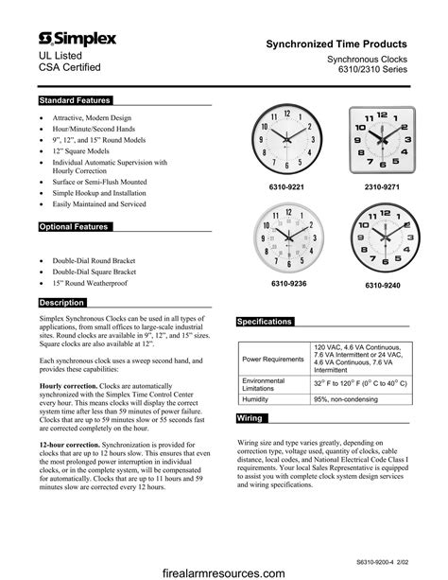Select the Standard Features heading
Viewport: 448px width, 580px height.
pyautogui.click(x=75, y=100)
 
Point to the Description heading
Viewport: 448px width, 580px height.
pyautogui.click(x=63, y=303)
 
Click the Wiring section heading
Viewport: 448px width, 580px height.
pyautogui.click(x=250, y=417)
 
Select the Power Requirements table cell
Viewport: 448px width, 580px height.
pyautogui.click(x=273, y=360)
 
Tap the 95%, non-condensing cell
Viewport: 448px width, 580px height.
pyautogui.click(x=346, y=400)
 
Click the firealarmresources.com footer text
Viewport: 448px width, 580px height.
pyautogui.click(x=224, y=571)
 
